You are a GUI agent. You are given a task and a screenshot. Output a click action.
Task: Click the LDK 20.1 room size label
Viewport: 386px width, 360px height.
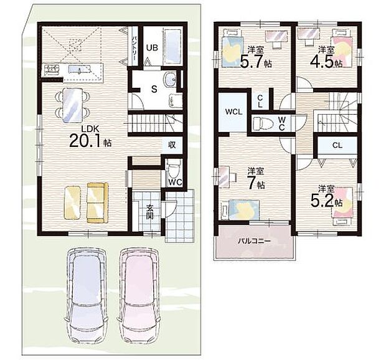90,136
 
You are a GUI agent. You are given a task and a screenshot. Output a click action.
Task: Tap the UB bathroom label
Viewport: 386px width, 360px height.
152,47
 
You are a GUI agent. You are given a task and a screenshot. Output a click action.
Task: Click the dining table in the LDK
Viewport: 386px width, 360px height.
72,105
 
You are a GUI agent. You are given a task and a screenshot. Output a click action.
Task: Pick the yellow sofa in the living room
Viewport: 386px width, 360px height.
98,202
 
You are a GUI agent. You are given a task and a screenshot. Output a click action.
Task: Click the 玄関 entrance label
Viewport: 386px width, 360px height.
149,212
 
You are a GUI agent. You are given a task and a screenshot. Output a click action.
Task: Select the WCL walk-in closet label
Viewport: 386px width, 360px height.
233,111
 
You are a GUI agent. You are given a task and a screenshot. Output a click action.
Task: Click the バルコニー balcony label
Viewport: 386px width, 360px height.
254,241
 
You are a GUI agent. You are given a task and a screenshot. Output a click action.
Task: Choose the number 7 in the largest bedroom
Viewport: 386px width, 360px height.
251,183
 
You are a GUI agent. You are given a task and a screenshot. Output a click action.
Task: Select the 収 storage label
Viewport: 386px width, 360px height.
172,144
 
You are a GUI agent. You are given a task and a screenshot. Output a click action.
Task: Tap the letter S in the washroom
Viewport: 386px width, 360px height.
154,89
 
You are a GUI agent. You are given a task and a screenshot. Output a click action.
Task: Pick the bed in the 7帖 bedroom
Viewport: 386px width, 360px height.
240,209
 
